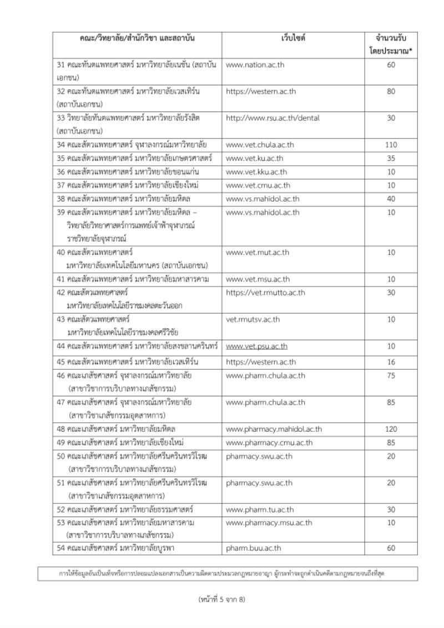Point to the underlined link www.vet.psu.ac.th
coord(256,347)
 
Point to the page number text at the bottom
coord(221,599)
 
